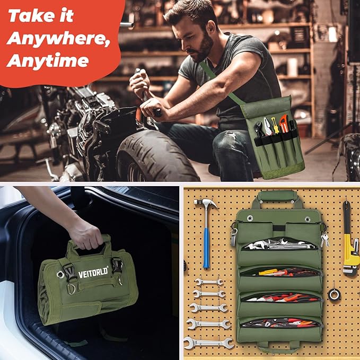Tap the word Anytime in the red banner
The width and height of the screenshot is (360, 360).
48,61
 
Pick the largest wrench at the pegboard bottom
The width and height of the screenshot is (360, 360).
209,343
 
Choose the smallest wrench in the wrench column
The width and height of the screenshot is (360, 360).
208,282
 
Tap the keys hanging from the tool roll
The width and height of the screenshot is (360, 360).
324,240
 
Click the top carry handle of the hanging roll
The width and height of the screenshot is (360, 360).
277,196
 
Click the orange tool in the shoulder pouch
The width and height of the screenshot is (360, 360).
284,124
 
